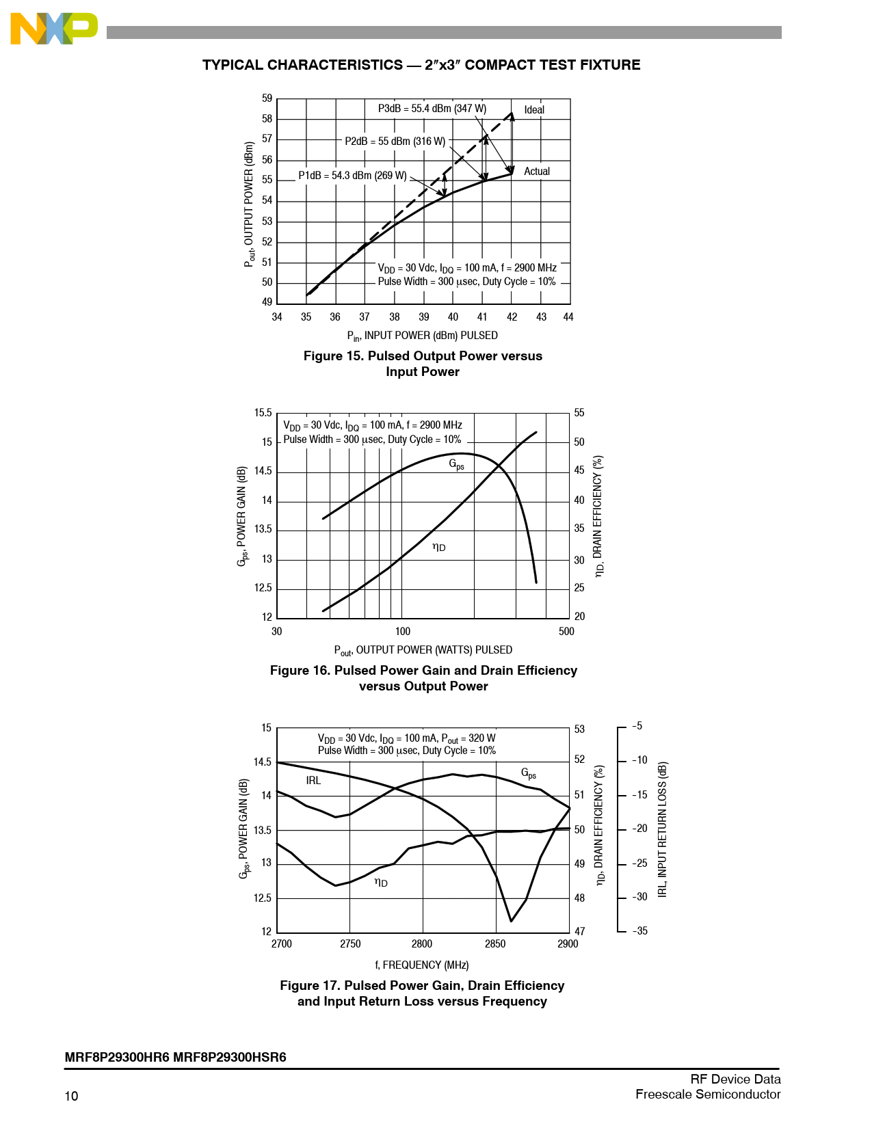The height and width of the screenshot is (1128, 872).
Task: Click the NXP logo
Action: [x=53, y=29]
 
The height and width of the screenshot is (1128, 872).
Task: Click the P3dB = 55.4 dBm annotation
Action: [x=432, y=109]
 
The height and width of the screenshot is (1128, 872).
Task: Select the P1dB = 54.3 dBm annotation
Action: [x=352, y=176]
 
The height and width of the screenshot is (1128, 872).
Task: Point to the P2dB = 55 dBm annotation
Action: [x=395, y=142]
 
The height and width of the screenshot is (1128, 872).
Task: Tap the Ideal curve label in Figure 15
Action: [x=534, y=110]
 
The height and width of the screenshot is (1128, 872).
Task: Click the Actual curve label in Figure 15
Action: [x=536, y=172]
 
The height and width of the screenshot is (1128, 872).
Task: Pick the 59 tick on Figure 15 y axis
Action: [x=267, y=98]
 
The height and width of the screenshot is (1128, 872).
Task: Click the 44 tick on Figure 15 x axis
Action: [x=568, y=317]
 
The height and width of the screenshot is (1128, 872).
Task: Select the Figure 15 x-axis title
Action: [x=422, y=336]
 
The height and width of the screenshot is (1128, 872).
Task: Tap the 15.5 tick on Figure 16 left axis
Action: [x=263, y=413]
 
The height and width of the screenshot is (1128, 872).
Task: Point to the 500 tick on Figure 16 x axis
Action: [x=566, y=632]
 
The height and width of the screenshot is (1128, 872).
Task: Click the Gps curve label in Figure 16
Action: [x=456, y=464]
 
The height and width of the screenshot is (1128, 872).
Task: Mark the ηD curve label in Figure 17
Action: [x=381, y=883]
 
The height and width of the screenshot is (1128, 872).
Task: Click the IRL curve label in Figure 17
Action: [x=313, y=781]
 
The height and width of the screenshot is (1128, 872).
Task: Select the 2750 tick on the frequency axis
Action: [x=350, y=944]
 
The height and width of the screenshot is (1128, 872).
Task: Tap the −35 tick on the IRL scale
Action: [x=639, y=931]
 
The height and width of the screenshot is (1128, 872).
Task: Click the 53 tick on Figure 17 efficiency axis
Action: [x=579, y=729]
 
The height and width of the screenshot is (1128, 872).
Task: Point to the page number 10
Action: [x=71, y=1097]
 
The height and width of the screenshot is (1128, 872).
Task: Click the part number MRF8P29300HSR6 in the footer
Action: [x=230, y=1058]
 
